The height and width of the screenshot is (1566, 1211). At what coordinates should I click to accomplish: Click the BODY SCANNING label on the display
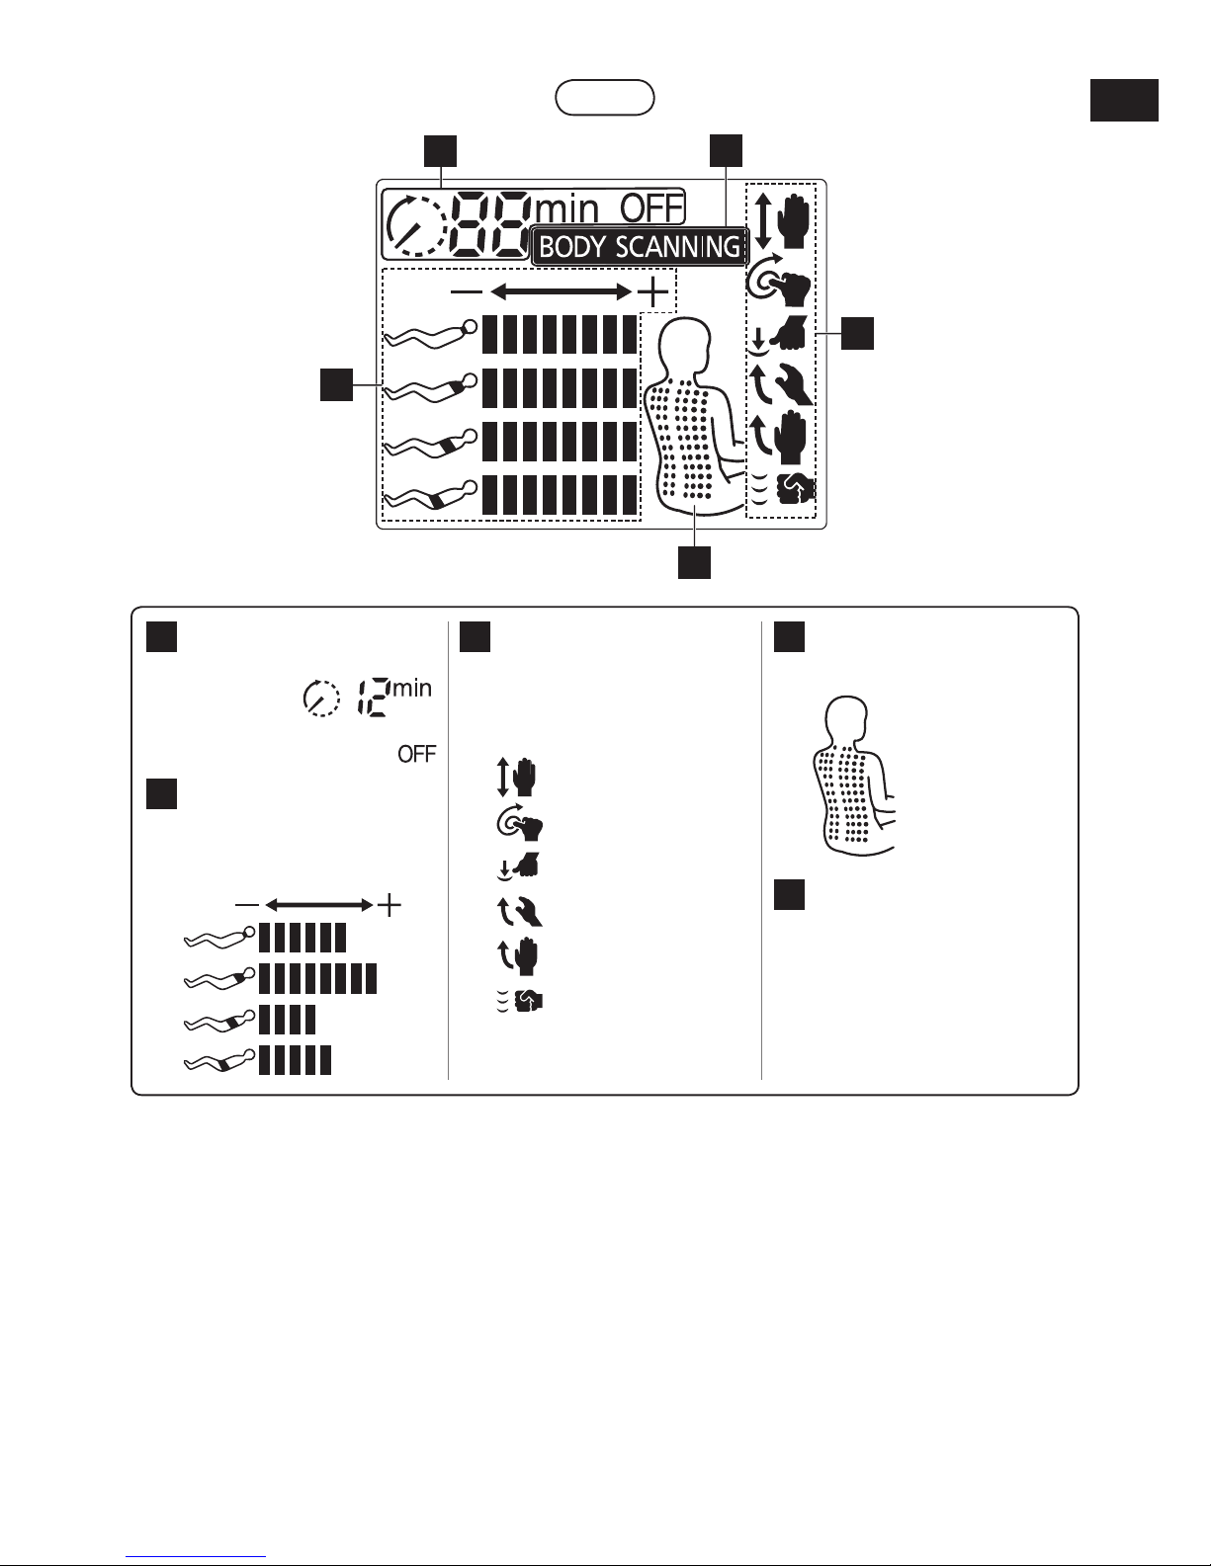click(641, 246)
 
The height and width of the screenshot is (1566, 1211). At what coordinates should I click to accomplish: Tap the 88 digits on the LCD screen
click(491, 225)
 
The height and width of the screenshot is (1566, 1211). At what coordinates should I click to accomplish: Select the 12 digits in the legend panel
click(374, 697)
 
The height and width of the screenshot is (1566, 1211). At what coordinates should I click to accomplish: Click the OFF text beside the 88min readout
click(651, 209)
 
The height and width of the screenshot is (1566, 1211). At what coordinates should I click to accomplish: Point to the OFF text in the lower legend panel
click(416, 754)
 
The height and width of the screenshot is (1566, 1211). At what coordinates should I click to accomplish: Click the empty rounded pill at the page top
click(605, 97)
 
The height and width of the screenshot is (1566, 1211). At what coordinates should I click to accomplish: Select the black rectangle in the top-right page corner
click(1124, 100)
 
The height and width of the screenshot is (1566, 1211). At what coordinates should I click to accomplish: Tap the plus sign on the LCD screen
click(653, 291)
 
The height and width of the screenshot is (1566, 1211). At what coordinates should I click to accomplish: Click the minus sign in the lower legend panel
click(246, 904)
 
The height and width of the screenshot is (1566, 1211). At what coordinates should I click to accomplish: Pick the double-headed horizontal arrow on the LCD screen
click(561, 291)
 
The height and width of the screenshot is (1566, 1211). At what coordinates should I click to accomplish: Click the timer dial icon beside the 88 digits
click(415, 225)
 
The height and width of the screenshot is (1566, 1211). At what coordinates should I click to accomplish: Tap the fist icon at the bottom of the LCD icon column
click(795, 490)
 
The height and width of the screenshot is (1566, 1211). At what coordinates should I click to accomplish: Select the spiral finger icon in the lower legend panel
click(519, 824)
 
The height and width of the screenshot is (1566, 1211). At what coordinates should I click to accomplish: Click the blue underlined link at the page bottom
click(196, 1554)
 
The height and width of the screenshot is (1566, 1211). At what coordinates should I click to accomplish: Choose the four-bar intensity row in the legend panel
click(287, 1020)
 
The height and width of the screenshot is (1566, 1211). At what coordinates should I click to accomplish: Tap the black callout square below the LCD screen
click(694, 562)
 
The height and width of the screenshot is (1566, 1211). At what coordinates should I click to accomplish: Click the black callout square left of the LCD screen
click(337, 384)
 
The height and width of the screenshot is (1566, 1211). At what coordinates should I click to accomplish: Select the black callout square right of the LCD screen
click(857, 333)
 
